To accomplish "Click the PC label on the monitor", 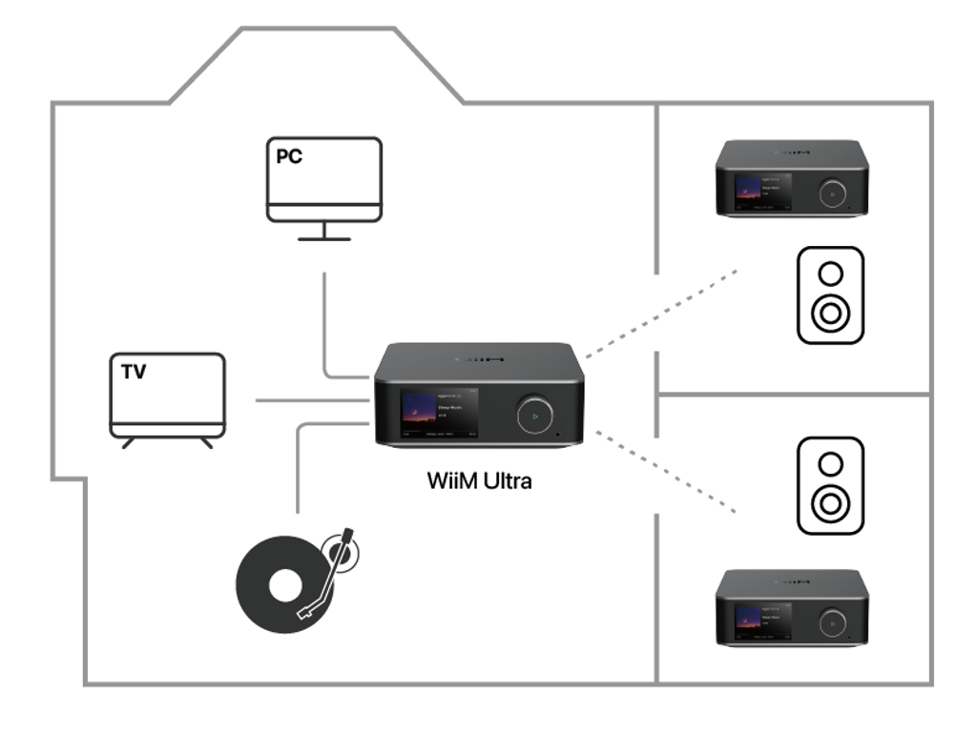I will [x=289, y=157].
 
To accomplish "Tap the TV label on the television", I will [x=134, y=372].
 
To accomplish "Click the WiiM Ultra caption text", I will [x=479, y=480].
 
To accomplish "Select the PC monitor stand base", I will [x=323, y=238].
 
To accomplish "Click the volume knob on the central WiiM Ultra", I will [x=534, y=416].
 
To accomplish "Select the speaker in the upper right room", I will [x=830, y=295].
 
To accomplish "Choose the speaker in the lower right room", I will [x=830, y=485].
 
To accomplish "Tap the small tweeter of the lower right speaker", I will [x=830, y=463].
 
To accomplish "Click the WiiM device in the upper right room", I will [x=792, y=178].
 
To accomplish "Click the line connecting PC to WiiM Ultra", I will [x=325, y=324].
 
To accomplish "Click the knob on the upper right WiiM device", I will [x=831, y=192].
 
